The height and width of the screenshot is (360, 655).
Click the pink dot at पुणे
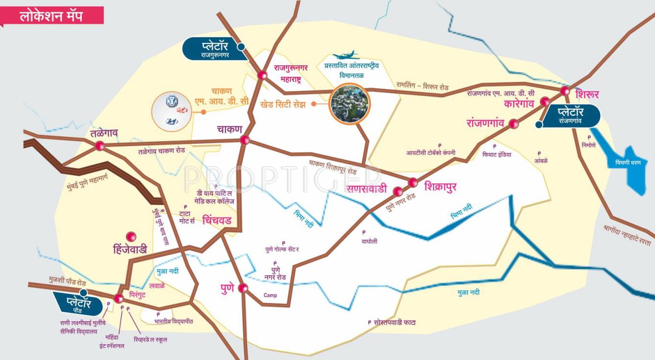[x=243, y=288]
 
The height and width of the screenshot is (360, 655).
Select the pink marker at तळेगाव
[x=100, y=146]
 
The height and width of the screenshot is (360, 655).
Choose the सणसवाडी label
[x=367, y=189]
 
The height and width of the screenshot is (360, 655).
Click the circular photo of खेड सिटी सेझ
[x=350, y=104]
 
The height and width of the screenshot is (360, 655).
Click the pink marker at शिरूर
[x=565, y=91]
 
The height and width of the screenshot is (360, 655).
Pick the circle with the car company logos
[x=172, y=111]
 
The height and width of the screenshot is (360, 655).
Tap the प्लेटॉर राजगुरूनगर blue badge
[x=214, y=49]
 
